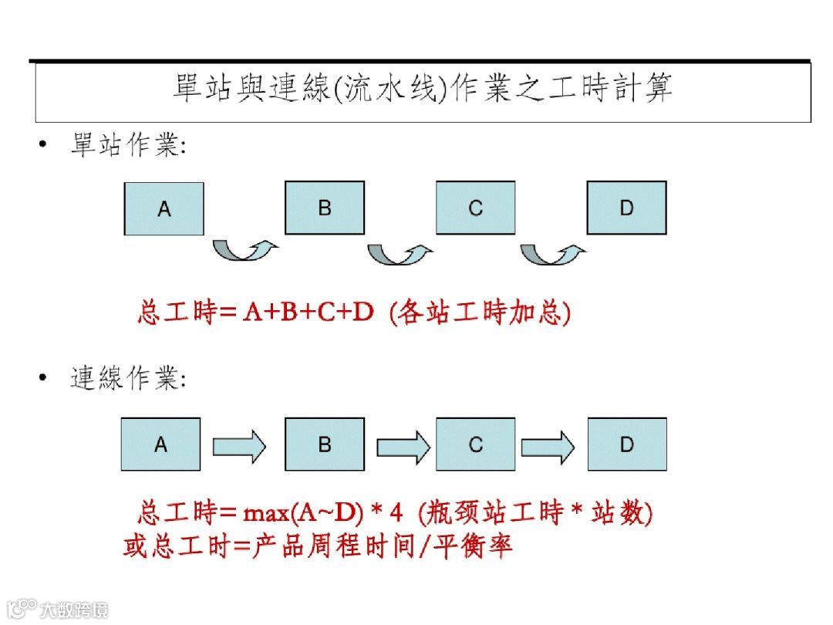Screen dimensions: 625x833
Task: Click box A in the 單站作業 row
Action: pos(164,208)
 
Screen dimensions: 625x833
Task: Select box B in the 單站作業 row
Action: pos(325,208)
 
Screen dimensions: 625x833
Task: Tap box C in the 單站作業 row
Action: pos(475,208)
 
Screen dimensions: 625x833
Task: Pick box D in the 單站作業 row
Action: pos(626,208)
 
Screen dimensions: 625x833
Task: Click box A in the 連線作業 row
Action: pos(160,444)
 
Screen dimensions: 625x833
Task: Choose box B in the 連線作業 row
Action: pos(325,444)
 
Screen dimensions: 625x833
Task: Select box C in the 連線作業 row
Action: pos(475,444)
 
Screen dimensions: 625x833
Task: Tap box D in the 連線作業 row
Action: pos(626,444)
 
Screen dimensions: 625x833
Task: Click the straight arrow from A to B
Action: pos(239,446)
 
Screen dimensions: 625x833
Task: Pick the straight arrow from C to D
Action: pos(548,446)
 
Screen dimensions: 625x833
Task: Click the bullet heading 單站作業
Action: pos(127,145)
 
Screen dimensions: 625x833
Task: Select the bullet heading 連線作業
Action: pos(127,379)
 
